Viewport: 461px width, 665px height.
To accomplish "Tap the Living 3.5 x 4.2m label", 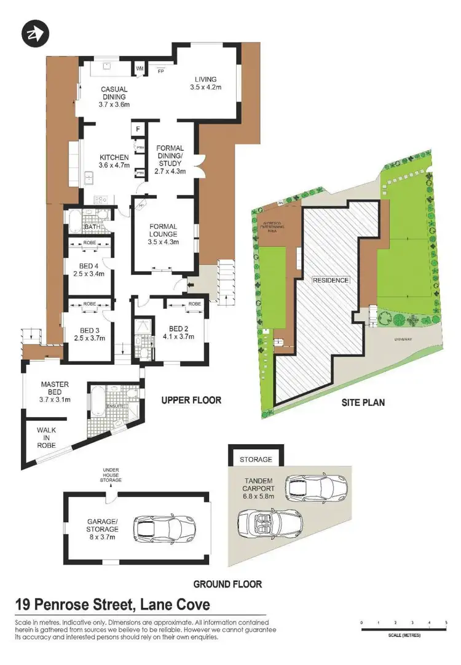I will point(207,83).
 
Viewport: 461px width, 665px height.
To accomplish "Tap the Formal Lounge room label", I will point(163,234).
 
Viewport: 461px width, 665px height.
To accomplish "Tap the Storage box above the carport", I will point(256,460).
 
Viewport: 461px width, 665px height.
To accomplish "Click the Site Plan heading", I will point(363,403).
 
